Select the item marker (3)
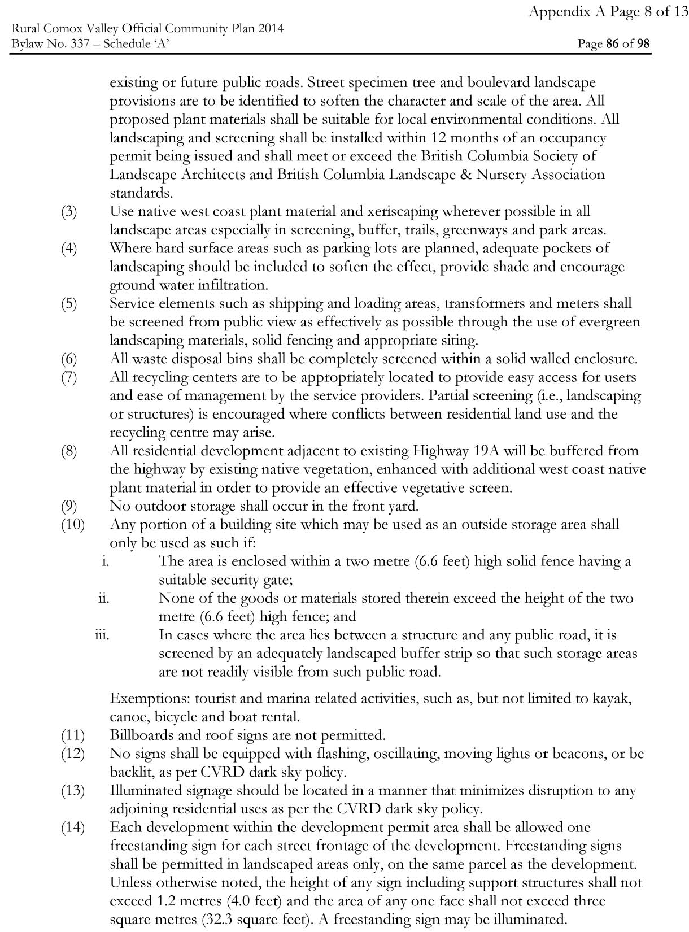[69, 212]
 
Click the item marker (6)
[69, 359]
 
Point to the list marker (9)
[69, 506]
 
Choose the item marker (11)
[72, 735]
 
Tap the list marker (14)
[72, 828]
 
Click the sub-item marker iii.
[102, 635]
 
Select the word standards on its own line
[141, 193]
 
